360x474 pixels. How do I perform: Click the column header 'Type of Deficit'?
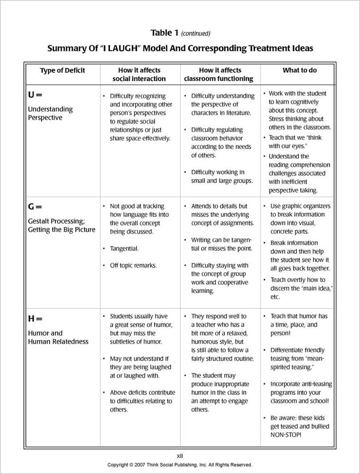coord(62,70)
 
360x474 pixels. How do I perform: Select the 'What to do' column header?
coord(299,70)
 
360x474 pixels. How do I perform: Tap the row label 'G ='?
coord(35,207)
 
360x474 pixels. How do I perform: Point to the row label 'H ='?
coord(35,319)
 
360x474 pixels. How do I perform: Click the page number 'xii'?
coord(180,456)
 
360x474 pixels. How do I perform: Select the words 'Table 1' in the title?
coord(164,33)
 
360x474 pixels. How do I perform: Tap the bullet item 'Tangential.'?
coord(124,248)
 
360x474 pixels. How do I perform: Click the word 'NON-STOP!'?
coord(286,435)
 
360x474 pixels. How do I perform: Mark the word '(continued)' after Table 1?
coord(195,34)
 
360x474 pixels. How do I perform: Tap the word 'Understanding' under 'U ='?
coord(50,109)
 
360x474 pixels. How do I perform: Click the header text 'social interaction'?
coord(139,79)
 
